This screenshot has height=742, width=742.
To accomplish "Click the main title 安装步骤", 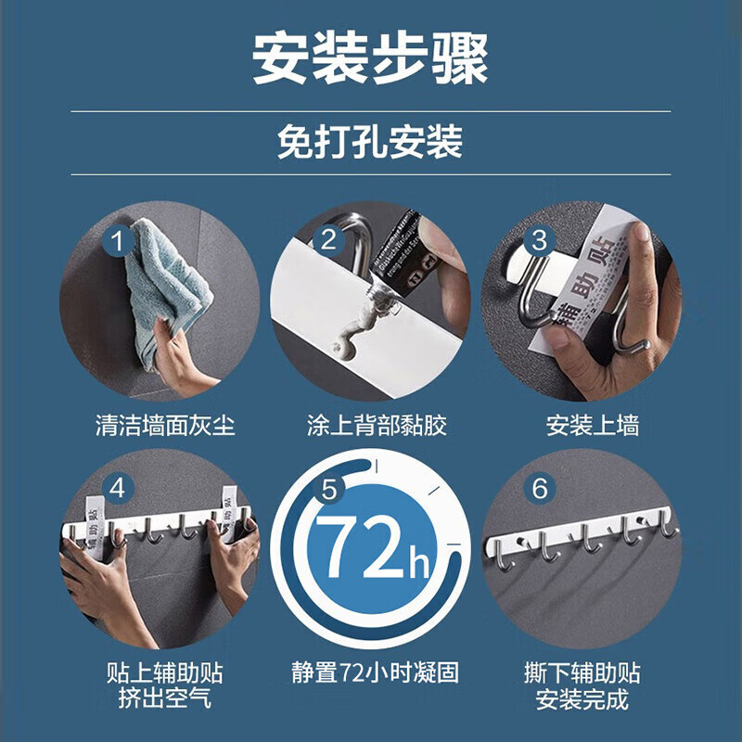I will (x=370, y=58).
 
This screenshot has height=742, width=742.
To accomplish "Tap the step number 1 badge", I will (x=118, y=242).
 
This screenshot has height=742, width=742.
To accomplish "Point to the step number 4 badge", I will (x=118, y=488).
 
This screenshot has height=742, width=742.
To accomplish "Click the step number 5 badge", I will (x=328, y=488).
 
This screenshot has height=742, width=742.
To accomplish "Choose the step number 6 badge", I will (x=539, y=488).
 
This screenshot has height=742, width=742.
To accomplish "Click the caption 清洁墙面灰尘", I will (x=165, y=426).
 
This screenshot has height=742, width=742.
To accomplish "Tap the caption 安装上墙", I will (x=593, y=426).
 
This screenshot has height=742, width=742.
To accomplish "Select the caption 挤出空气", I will (x=165, y=697).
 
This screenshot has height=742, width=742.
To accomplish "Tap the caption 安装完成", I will (x=582, y=697).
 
